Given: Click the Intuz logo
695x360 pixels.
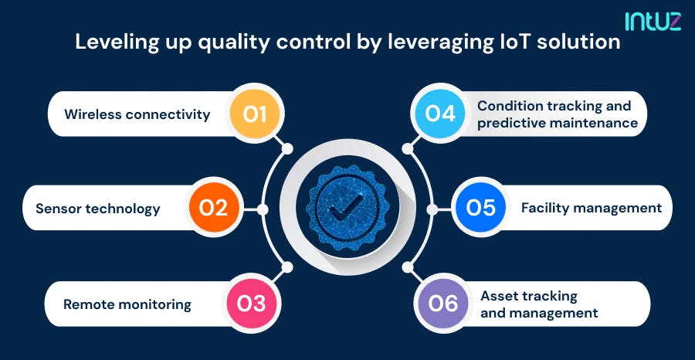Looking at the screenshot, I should [x=653, y=22].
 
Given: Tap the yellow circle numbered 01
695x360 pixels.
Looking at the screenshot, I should [x=254, y=114].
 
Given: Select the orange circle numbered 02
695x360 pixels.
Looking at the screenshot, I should [x=213, y=208].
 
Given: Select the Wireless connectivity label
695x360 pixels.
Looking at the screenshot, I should [x=137, y=114].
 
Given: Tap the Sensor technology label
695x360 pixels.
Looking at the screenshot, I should [x=98, y=209].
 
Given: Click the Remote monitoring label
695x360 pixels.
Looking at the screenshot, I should [x=127, y=304].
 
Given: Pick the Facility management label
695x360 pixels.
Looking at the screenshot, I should [x=592, y=208].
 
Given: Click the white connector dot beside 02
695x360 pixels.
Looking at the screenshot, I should [x=263, y=209].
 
